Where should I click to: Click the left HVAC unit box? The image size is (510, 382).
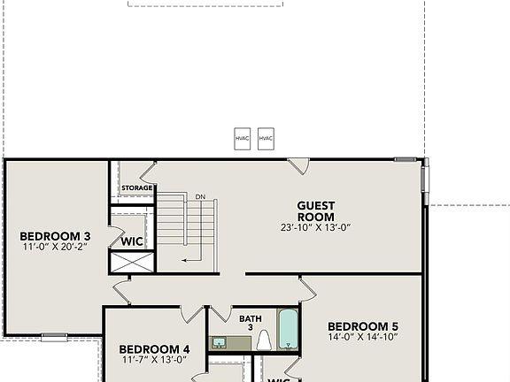tap(243, 139)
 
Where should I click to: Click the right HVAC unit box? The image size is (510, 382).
tap(266, 139)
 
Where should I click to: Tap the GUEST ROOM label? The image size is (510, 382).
tap(315, 210)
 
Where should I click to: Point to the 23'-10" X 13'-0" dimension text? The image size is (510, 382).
tap(315, 227)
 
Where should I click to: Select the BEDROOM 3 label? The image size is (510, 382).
tap(55, 236)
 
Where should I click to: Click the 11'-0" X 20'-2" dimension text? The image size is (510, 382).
tap(55, 248)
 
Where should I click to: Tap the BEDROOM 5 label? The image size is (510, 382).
tap(363, 325)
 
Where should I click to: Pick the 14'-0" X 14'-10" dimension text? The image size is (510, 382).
tap(363, 337)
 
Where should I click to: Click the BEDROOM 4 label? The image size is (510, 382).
tap(154, 348)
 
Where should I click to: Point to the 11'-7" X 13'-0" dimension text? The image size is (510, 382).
tap(154, 361)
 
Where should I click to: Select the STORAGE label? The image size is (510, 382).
tap(137, 188)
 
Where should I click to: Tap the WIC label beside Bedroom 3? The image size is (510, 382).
tap(132, 241)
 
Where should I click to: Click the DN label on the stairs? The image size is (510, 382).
tap(201, 196)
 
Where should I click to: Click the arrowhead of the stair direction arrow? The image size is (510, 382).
tap(183, 259)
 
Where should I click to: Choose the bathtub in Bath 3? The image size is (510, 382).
tap(289, 329)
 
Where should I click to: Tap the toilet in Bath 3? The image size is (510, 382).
tap(264, 341)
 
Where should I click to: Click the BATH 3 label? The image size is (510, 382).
tap(251, 322)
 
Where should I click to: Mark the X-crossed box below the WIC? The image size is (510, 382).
tap(131, 263)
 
